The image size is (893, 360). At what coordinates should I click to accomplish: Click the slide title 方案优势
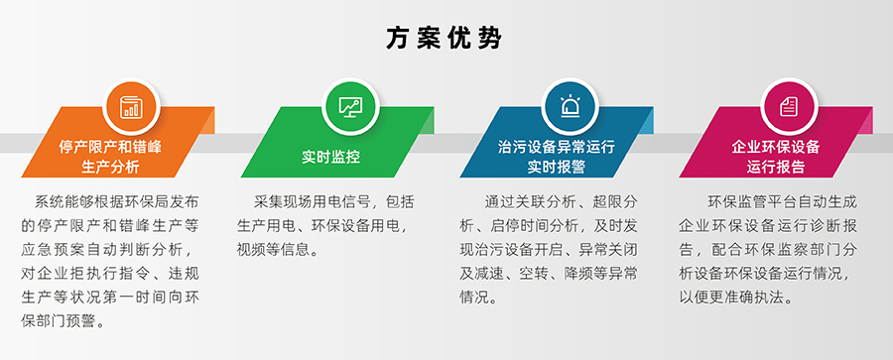click(446, 38)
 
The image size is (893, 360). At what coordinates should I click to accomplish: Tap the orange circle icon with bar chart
click(130, 105)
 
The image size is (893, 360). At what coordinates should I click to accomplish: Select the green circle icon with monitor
click(350, 105)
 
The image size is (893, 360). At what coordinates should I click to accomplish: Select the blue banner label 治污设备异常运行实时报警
click(556, 156)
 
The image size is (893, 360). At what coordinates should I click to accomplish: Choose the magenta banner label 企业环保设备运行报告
click(775, 156)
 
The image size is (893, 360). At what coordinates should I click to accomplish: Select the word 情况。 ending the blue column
click(484, 297)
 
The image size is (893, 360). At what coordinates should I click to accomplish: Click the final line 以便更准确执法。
click(734, 297)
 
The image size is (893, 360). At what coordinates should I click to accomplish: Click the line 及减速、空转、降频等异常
click(547, 273)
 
